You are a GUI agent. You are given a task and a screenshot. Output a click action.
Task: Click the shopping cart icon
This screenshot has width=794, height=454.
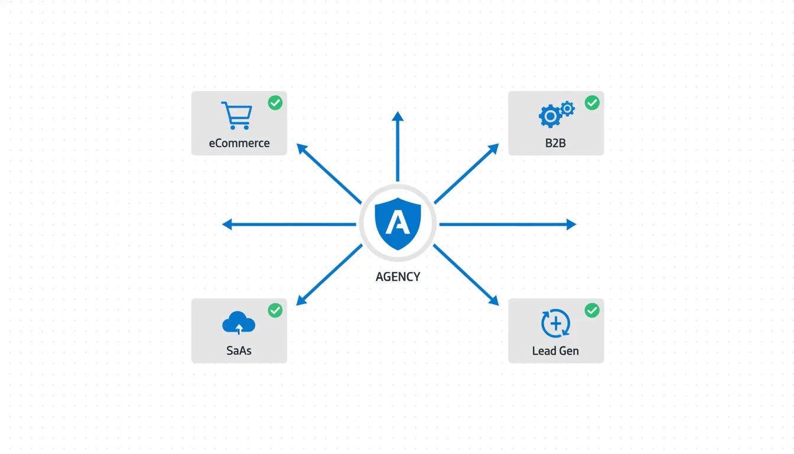pos(236,115)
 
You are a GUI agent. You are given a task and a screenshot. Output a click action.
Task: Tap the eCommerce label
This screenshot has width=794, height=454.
pos(239,143)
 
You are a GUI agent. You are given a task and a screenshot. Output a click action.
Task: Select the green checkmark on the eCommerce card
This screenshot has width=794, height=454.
pos(275,103)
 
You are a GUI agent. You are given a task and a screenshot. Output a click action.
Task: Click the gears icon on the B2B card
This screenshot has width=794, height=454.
pos(555,114)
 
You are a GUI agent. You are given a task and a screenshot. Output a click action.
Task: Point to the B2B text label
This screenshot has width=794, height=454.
pos(555,143)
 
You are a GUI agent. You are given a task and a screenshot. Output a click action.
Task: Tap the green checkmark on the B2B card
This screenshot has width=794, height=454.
pos(592,103)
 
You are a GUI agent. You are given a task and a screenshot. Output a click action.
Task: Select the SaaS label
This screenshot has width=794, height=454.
pos(239,351)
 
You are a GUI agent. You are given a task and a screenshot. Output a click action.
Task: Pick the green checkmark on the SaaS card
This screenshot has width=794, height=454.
pos(275,310)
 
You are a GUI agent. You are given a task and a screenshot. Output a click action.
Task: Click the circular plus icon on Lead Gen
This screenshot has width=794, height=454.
pos(555,323)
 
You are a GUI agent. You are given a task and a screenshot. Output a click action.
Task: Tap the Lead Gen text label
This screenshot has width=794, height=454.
pos(555,351)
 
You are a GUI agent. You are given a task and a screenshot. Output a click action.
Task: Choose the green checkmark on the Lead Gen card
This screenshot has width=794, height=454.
pos(592,310)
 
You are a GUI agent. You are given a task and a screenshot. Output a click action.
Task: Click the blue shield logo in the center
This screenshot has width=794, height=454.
pos(398,223)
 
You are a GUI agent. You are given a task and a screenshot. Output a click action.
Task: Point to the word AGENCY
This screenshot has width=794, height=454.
pos(398,277)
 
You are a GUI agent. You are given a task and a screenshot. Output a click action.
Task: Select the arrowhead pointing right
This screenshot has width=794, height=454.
pos(572,225)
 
